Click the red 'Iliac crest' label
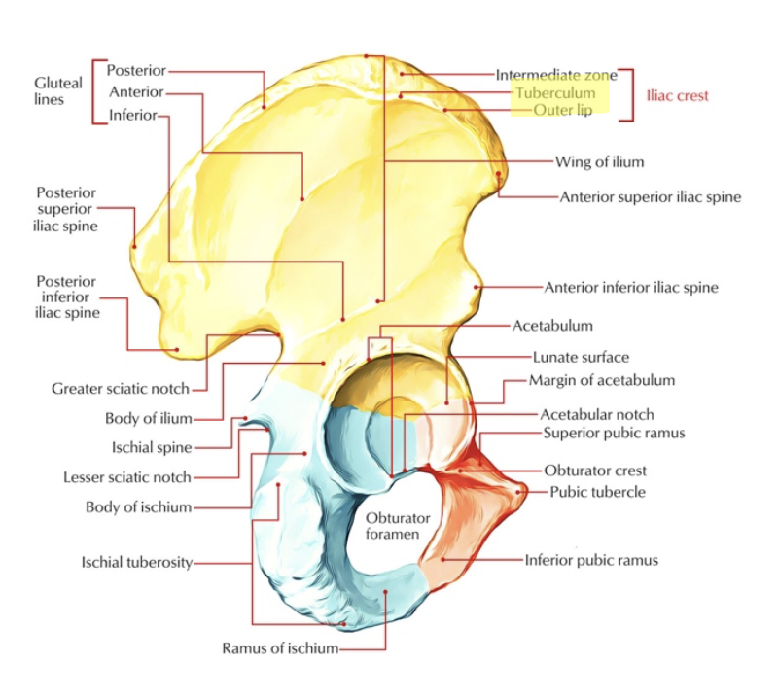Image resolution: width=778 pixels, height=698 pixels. tap(678, 95)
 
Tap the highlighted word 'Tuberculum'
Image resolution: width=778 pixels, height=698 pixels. tap(555, 93)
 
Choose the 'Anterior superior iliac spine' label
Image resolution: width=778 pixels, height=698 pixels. tap(651, 196)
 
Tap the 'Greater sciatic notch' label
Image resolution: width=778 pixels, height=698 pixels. tap(120, 389)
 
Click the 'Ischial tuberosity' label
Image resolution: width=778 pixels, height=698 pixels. tap(136, 562)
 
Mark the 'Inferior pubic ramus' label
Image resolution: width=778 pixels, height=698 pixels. tap(591, 560)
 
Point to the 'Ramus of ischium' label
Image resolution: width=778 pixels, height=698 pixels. tap(280, 648)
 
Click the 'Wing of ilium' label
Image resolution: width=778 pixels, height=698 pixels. tap(599, 161)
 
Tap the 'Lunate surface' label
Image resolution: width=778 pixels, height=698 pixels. tap(581, 357)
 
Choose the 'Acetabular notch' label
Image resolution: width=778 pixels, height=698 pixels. tap(597, 414)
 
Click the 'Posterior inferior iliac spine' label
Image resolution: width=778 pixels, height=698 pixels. tap(68, 296)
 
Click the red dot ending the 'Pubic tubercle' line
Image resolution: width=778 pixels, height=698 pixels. tap(526, 492)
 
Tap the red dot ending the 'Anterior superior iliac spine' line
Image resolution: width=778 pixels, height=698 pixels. tap(500, 175)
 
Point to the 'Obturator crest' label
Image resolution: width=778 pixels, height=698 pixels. tap(595, 471)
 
